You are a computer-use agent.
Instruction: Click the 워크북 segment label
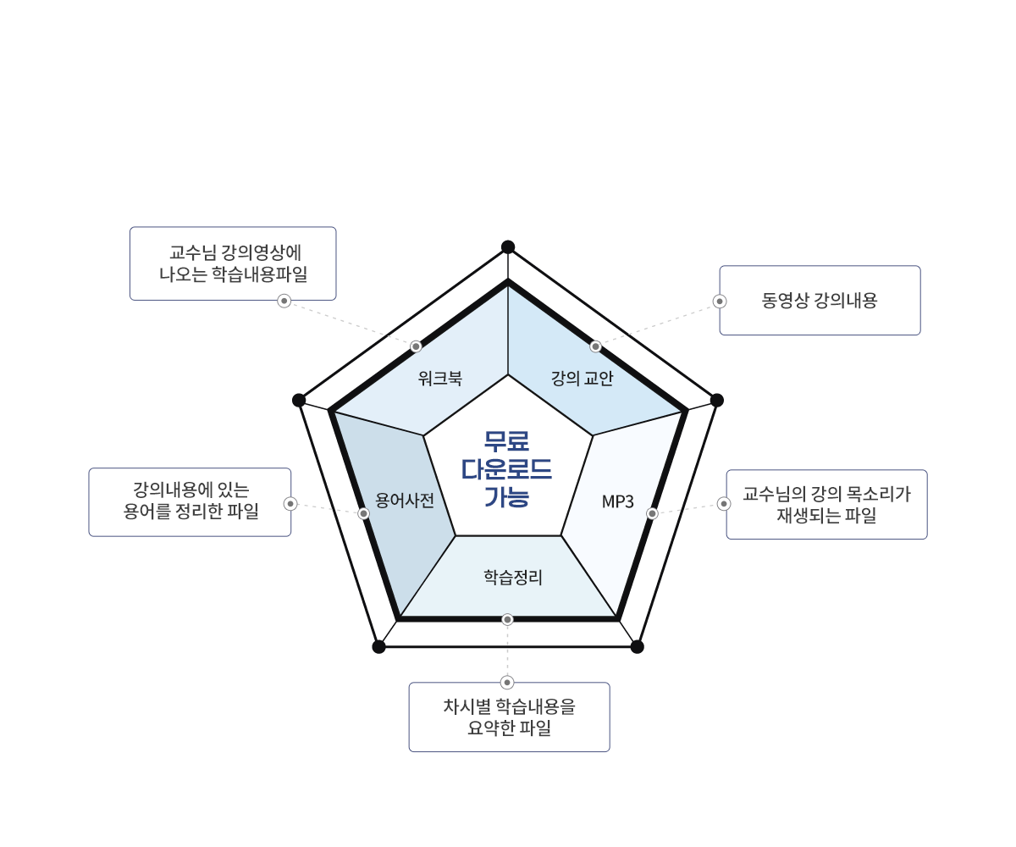[440, 379]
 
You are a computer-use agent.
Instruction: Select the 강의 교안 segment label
[583, 379]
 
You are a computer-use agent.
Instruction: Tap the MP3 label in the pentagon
[617, 501]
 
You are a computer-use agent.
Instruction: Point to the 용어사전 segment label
[405, 501]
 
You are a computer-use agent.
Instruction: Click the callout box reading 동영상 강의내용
[820, 301]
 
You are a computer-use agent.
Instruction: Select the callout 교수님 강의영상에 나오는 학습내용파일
[233, 263]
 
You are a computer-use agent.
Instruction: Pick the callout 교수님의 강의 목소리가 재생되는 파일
[826, 504]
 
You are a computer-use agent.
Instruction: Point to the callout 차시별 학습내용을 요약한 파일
[509, 717]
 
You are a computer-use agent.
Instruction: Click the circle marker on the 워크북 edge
[416, 346]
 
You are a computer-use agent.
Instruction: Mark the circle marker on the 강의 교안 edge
[596, 346]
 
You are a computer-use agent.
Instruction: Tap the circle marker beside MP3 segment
[652, 513]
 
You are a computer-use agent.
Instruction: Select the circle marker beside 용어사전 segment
[363, 513]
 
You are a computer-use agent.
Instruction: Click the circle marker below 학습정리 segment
[507, 619]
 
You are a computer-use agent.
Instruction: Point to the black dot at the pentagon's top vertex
[508, 246]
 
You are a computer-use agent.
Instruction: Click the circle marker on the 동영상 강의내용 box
[720, 301]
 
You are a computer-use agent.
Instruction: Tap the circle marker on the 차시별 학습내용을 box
[507, 682]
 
